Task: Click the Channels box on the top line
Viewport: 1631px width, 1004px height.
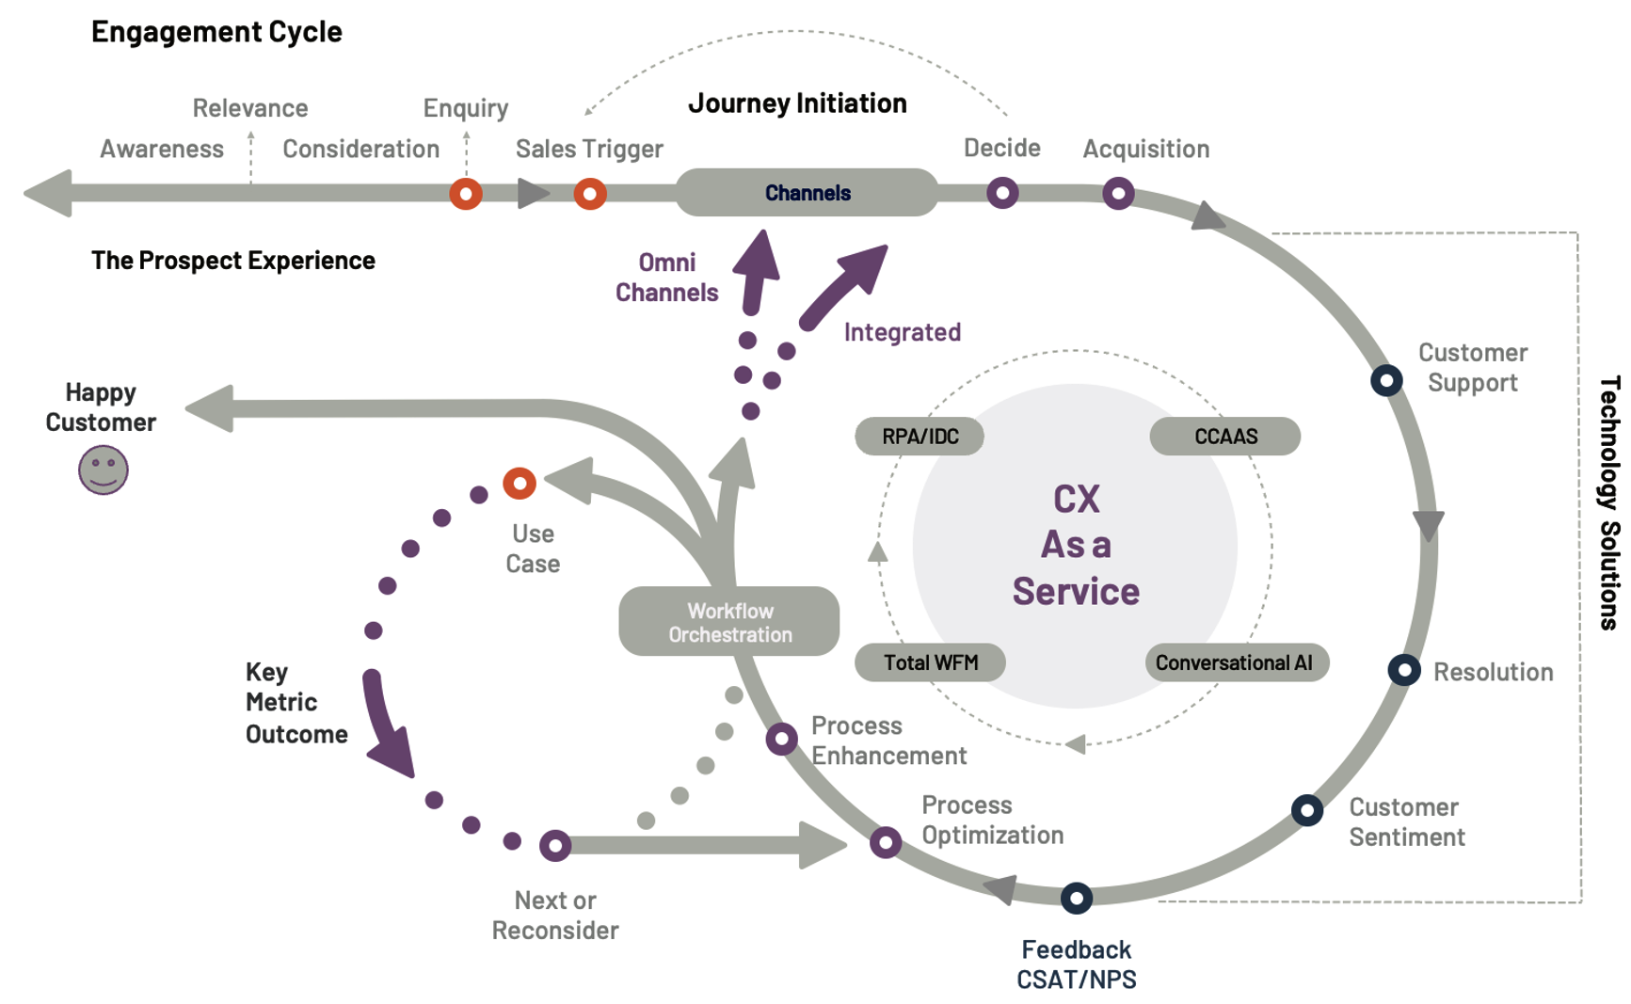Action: (x=807, y=193)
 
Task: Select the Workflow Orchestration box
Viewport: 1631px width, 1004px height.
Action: (x=729, y=622)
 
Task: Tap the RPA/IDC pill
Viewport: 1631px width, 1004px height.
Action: (x=919, y=437)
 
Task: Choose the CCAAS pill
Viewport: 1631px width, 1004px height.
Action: (x=1225, y=437)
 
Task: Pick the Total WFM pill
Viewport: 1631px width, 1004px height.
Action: (x=930, y=662)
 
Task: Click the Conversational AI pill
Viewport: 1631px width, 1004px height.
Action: (x=1234, y=662)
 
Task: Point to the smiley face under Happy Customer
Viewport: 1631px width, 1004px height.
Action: (x=103, y=470)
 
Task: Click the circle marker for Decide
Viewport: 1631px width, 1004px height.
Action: (x=1002, y=193)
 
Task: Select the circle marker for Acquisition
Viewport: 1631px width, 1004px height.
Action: (x=1118, y=194)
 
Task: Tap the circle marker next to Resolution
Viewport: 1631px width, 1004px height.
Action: (x=1403, y=670)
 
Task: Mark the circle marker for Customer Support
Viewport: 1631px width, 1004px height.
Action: (x=1386, y=380)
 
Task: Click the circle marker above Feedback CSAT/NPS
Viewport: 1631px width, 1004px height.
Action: (x=1077, y=898)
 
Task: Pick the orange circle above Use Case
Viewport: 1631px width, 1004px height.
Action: (x=520, y=484)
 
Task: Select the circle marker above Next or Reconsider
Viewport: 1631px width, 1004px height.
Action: (x=555, y=845)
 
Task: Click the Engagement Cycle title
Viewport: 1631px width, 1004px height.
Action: (x=216, y=32)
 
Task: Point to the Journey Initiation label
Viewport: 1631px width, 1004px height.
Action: (x=797, y=104)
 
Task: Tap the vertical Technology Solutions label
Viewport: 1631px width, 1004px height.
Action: (x=1609, y=502)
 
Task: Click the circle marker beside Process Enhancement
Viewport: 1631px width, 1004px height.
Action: (x=781, y=739)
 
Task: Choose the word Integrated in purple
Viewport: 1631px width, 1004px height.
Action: (x=902, y=332)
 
